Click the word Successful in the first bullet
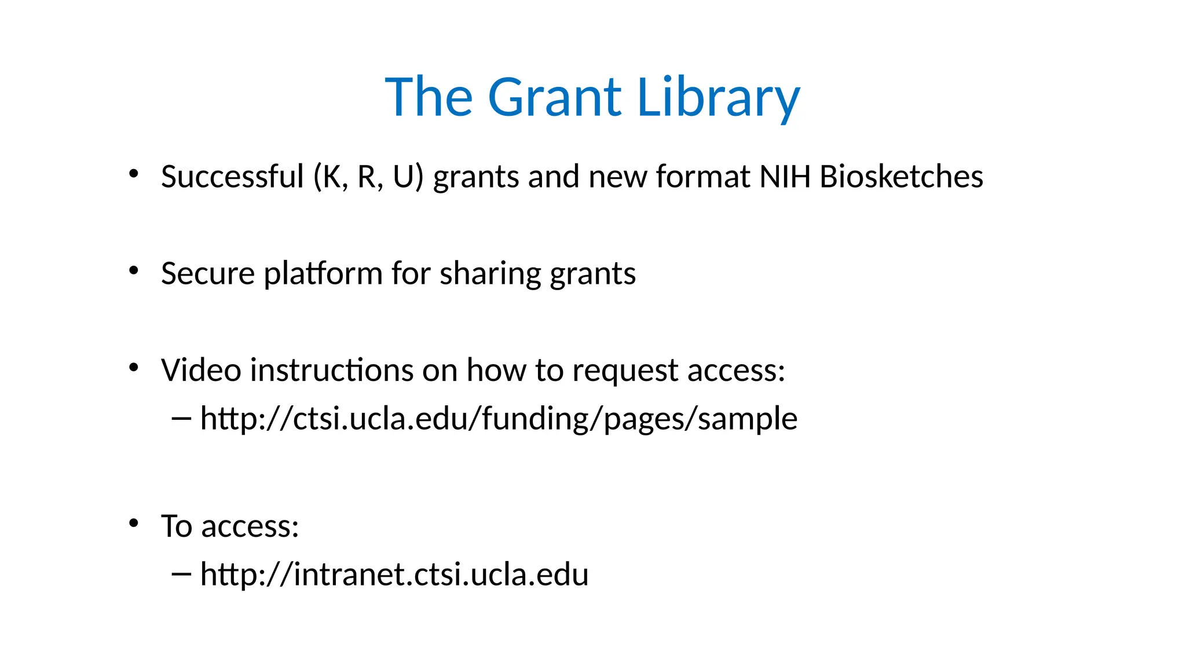[232, 177]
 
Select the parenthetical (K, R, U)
[368, 177]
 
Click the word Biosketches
[901, 177]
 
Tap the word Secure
[207, 273]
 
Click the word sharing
[490, 273]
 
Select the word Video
[200, 370]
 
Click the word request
[625, 370]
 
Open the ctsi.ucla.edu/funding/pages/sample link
[498, 419]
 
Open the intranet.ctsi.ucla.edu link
[394, 574]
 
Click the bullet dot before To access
[134, 523]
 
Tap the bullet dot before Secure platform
[134, 270]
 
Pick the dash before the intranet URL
[181, 574]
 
